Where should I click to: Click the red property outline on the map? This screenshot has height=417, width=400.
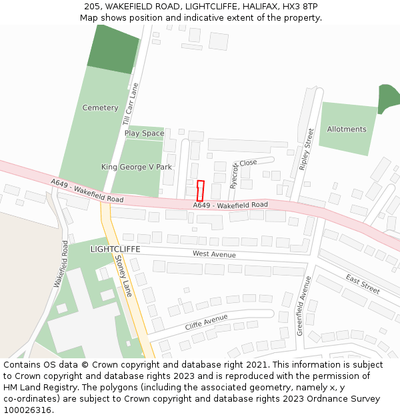coord(200,190)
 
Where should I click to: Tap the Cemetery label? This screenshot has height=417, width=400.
coord(100,107)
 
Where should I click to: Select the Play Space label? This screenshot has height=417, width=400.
coord(144,133)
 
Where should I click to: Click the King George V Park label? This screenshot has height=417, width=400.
coord(137,167)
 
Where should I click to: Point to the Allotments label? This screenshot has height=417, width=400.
coord(347,129)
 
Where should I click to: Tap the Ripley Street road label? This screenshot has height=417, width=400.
coord(307,149)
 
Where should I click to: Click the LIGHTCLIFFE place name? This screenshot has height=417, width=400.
coord(115,248)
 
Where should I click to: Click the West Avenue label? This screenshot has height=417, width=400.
coord(214,254)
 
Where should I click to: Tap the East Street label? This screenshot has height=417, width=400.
coord(363,283)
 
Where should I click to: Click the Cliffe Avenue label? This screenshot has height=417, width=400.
coord(207,321)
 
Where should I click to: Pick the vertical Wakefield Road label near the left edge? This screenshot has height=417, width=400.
coord(60,264)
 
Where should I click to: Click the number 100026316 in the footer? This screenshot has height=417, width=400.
coord(27,410)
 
